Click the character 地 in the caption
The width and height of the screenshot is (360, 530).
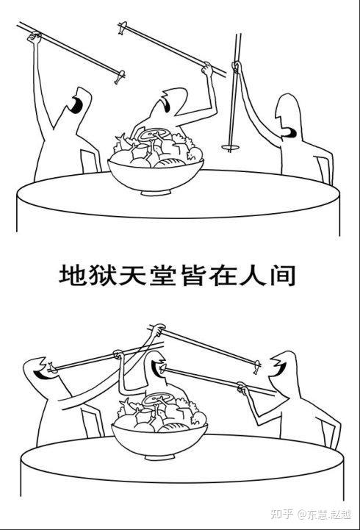72,275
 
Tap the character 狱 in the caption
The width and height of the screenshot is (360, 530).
103,275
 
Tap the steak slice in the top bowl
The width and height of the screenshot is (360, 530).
155,135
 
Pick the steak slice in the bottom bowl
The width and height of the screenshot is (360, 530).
157,400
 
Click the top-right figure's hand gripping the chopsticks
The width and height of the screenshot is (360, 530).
236,68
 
